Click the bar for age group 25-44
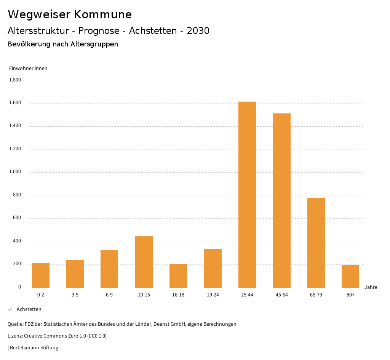(247, 194)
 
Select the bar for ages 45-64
(281, 201)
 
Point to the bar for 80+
(350, 276)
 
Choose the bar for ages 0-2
(41, 275)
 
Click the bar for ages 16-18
(178, 276)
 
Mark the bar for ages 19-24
(213, 268)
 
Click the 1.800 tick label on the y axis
(15, 80)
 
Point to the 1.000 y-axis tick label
(15, 172)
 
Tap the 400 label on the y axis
(17, 241)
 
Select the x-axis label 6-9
(109, 295)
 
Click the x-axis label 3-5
(75, 295)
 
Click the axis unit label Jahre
(371, 287)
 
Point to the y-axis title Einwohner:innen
(28, 68)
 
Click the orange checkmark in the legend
(10, 309)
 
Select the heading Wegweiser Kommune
(70, 14)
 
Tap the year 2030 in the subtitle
(198, 31)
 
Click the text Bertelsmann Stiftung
(34, 348)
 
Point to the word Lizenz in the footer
(15, 336)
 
